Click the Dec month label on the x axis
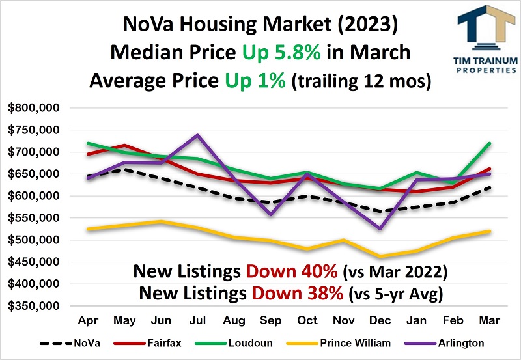pyautogui.click(x=380, y=321)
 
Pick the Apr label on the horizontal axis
pyautogui.click(x=87, y=321)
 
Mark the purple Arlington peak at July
pyautogui.click(x=197, y=135)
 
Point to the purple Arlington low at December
pyautogui.click(x=380, y=228)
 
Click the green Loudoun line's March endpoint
pyautogui.click(x=489, y=143)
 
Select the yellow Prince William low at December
pyautogui.click(x=380, y=256)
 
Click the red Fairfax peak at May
pyautogui.click(x=124, y=145)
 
